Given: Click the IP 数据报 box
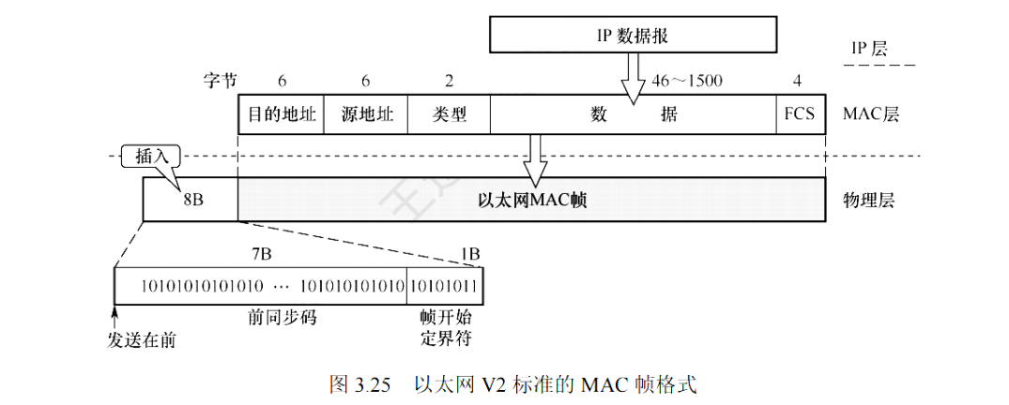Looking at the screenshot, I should click(x=633, y=36).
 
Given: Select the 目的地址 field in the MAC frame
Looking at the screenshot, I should click(x=282, y=114).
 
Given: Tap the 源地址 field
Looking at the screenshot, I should click(x=367, y=114).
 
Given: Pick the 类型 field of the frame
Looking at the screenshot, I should click(x=450, y=114).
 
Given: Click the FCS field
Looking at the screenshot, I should click(x=800, y=114).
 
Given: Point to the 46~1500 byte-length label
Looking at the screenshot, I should click(x=686, y=81).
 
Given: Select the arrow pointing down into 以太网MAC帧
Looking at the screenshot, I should click(x=535, y=160).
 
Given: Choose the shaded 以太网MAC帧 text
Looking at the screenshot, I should click(x=532, y=200).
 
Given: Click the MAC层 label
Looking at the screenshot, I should click(x=871, y=114).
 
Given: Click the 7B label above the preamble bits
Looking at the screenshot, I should click(x=262, y=253).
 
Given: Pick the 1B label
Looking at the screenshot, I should click(x=469, y=253).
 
